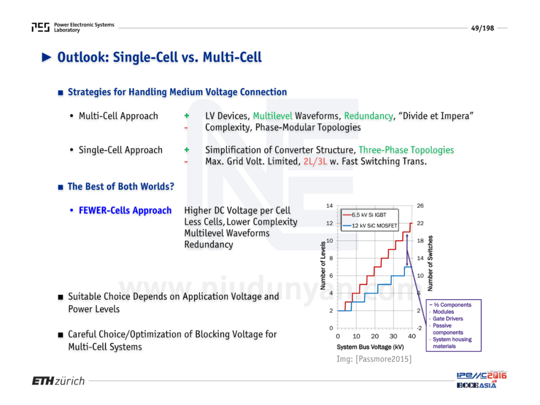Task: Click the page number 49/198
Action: coord(482,28)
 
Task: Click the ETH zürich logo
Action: coord(58,381)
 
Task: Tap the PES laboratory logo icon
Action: coord(40,27)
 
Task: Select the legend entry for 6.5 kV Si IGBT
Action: coord(364,215)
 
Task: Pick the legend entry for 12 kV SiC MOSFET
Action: coord(370,226)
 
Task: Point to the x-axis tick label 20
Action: coord(374,336)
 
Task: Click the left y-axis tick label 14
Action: coord(329,206)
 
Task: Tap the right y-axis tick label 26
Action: coord(420,206)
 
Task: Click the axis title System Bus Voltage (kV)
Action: coord(370,347)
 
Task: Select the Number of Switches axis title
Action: coord(430,263)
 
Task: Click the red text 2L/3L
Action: coord(315,161)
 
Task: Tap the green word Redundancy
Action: coord(368,116)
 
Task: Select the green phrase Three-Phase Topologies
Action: coord(406,150)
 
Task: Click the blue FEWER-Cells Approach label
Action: coord(125,210)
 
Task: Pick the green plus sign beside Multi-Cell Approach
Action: coord(186,115)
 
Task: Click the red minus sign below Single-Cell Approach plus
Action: coord(186,161)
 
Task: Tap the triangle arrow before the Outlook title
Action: coord(46,57)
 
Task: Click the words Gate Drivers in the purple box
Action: coord(447,319)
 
